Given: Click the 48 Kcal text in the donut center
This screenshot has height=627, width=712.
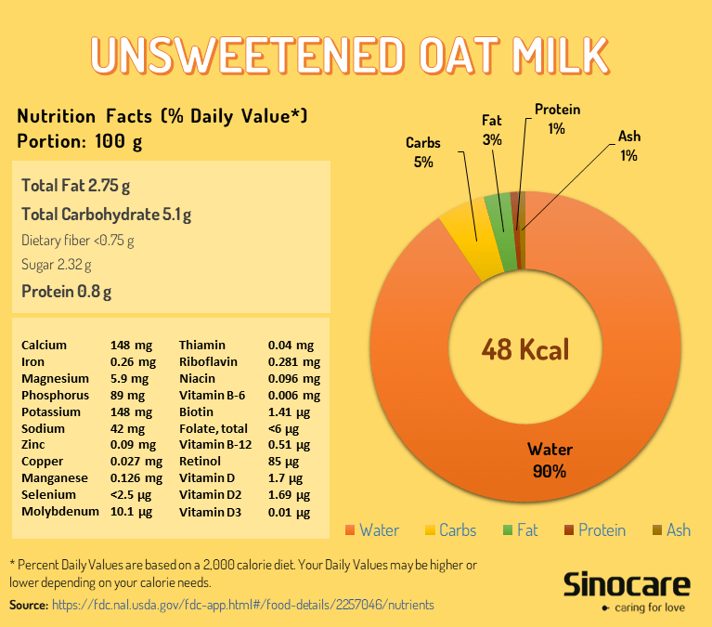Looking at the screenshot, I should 524,350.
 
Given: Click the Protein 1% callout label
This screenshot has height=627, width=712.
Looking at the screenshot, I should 557,119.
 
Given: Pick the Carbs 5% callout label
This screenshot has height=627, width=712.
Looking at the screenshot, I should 423,152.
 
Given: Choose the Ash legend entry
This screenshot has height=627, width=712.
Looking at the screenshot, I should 670,530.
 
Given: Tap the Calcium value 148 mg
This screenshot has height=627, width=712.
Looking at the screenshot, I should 127,345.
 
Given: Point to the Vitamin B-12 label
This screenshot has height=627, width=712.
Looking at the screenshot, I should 215,445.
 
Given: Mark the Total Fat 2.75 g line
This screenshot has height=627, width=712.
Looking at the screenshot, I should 76,185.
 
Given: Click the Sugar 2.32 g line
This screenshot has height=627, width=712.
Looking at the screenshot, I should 57,265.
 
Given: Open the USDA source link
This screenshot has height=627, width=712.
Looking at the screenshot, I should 243,605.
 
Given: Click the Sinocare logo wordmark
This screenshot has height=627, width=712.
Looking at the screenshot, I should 627,584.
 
